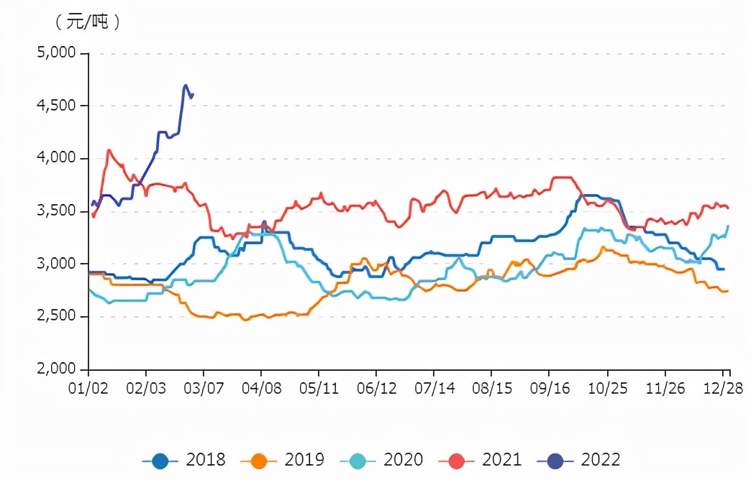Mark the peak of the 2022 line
tap(185, 86)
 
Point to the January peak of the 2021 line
tap(109, 150)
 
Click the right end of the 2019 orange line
tap(727, 291)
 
